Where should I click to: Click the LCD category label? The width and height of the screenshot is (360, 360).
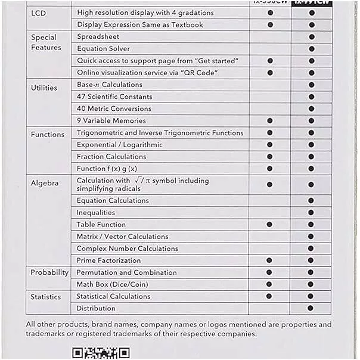click(x=39, y=13)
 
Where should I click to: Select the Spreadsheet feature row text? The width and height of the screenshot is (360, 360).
click(x=98, y=37)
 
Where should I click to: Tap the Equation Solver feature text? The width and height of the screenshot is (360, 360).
click(x=103, y=49)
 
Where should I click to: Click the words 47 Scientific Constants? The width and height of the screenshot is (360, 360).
click(x=114, y=97)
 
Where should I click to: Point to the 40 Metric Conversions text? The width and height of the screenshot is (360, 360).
click(x=114, y=108)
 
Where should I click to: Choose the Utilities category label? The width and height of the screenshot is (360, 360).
click(x=44, y=88)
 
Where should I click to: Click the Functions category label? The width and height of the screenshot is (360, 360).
click(x=48, y=135)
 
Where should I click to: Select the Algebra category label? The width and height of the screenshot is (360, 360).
click(x=45, y=183)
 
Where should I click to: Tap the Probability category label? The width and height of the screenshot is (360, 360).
click(x=49, y=272)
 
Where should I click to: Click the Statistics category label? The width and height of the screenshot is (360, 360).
click(x=46, y=296)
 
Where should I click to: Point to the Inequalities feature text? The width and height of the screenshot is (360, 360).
click(x=96, y=213)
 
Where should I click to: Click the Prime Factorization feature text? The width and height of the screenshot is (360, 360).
click(x=108, y=260)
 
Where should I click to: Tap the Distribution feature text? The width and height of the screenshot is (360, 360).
click(x=96, y=308)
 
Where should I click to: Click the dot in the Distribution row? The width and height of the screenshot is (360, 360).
click(x=311, y=308)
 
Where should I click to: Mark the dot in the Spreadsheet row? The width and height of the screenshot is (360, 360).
click(x=311, y=37)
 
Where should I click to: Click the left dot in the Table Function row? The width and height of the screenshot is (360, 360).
click(x=270, y=225)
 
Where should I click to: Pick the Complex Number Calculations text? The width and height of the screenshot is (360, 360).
click(x=127, y=249)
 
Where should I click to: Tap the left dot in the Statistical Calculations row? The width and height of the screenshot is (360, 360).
click(x=270, y=296)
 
